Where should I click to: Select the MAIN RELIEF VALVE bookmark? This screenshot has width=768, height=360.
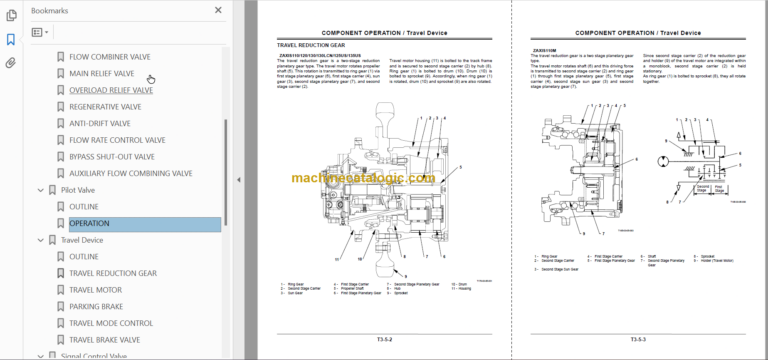click(101, 73)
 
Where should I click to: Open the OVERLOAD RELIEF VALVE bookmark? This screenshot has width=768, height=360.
click(110, 90)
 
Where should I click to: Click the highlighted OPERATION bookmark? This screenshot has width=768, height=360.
click(89, 224)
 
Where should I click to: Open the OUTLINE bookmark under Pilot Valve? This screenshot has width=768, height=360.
click(84, 207)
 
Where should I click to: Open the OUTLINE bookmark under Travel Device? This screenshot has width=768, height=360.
click(84, 257)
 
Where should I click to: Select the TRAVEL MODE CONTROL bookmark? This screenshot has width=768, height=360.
click(111, 323)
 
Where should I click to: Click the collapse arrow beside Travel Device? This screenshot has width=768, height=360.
click(40, 240)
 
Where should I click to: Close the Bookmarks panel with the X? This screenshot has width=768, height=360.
click(218, 9)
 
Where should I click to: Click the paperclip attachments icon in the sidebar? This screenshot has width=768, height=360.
click(11, 63)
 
